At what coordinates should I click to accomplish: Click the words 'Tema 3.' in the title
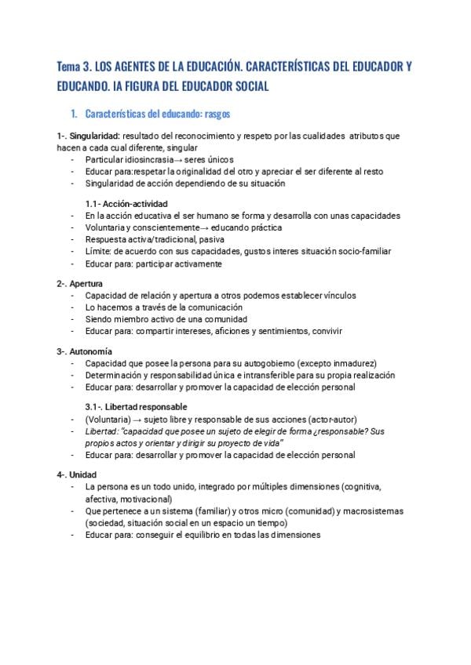tap(73, 68)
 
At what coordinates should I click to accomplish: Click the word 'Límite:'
tap(99, 251)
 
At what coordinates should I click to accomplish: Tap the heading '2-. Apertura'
tap(80, 282)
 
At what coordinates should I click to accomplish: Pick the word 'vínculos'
tap(337, 296)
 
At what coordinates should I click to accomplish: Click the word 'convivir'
tap(324, 331)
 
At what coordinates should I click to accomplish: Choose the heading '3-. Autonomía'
tap(84, 352)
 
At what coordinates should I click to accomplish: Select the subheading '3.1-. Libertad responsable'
tap(136, 407)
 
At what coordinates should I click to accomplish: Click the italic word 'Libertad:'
tap(102, 432)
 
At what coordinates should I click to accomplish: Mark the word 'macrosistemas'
tap(371, 511)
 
